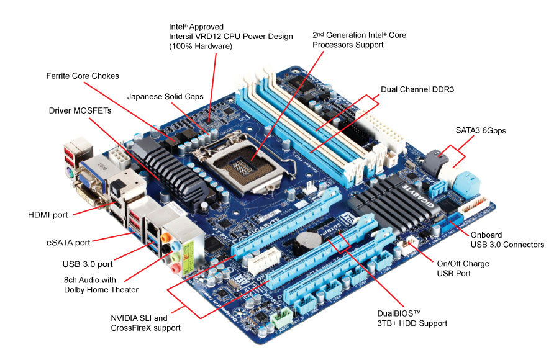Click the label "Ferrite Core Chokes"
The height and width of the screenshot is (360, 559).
tap(82, 76)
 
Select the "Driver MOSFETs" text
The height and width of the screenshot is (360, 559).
tap(80, 110)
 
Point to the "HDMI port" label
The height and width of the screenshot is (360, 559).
tap(48, 215)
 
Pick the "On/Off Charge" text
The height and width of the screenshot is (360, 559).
tap(463, 264)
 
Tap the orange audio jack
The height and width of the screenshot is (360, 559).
tap(164, 236)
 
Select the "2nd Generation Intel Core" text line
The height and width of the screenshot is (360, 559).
tap(359, 35)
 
